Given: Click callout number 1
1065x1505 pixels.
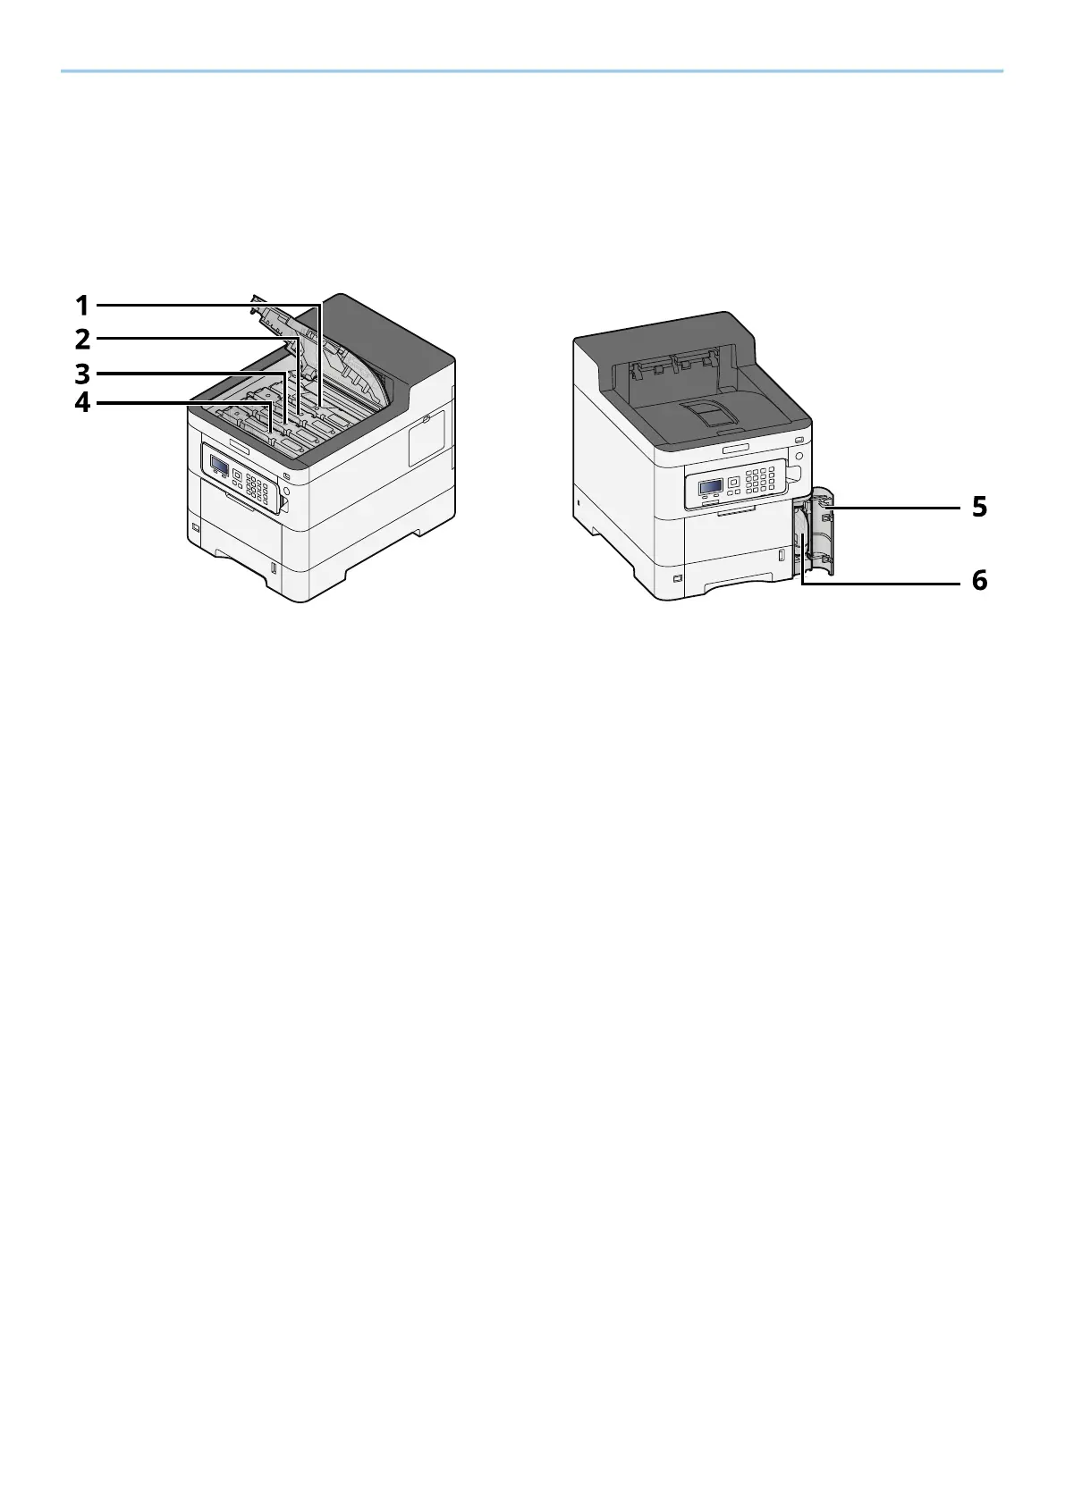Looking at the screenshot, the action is click(x=82, y=306).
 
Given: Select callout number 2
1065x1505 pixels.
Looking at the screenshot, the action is click(x=82, y=340).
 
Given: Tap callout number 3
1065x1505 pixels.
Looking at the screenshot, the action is click(x=82, y=373).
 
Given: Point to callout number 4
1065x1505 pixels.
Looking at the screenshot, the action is click(x=82, y=402).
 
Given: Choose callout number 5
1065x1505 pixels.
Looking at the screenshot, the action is click(x=980, y=508).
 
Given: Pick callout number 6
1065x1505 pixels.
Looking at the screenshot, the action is click(x=980, y=580).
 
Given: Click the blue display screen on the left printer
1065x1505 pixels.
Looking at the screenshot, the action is click(x=219, y=464).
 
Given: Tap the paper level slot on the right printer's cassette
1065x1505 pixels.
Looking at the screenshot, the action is click(x=781, y=557).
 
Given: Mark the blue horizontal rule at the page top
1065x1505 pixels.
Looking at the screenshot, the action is click(x=532, y=71).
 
